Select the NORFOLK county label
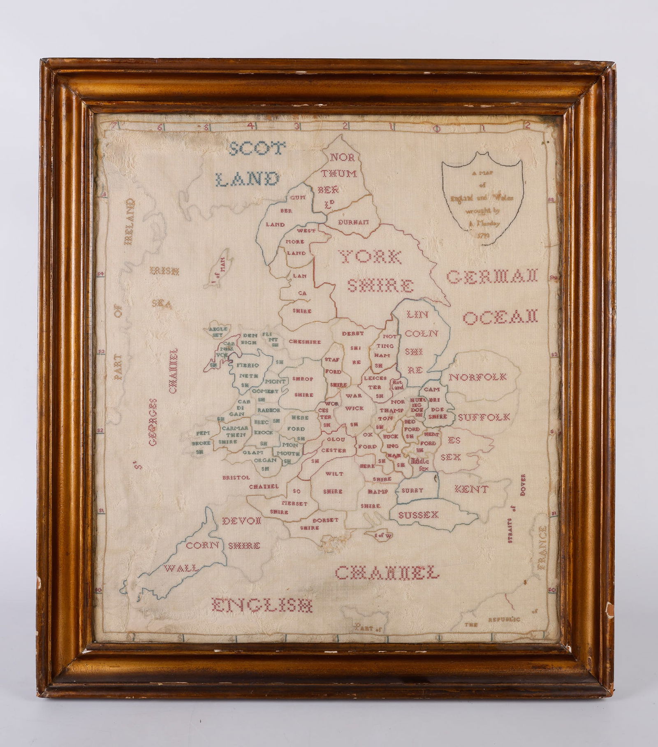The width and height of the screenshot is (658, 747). pyautogui.click(x=477, y=377)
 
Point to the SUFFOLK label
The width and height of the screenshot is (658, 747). pyautogui.click(x=484, y=418)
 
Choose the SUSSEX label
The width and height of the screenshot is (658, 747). pyautogui.click(x=419, y=515)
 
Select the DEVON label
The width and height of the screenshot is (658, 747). pyautogui.click(x=242, y=521)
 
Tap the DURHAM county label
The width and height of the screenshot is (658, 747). pyautogui.click(x=353, y=222)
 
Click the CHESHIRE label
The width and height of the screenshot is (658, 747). pyautogui.click(x=305, y=341)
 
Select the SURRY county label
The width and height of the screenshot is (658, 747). pyautogui.click(x=412, y=490)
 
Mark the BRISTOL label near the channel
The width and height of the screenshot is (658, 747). pyautogui.click(x=236, y=477)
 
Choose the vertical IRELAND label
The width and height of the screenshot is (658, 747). pyautogui.click(x=130, y=222)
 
